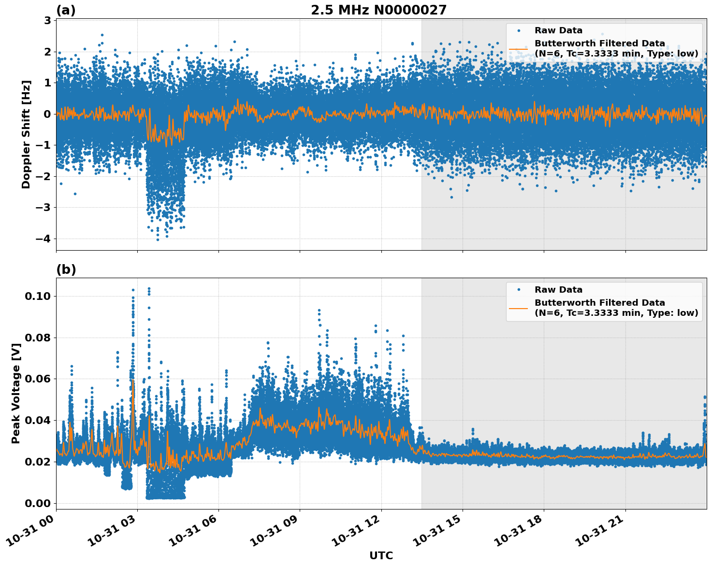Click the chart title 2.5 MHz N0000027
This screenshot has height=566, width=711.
click(378, 10)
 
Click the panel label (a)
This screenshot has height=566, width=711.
click(66, 10)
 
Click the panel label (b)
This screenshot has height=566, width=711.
click(66, 269)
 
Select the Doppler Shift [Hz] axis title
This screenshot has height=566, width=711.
click(26, 134)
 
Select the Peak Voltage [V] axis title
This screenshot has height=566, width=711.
click(16, 404)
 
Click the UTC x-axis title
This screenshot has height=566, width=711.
click(381, 555)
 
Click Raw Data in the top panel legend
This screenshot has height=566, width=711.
click(558, 30)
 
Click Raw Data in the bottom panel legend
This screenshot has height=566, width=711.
click(558, 290)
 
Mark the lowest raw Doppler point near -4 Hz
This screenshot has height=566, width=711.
click(158, 240)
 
